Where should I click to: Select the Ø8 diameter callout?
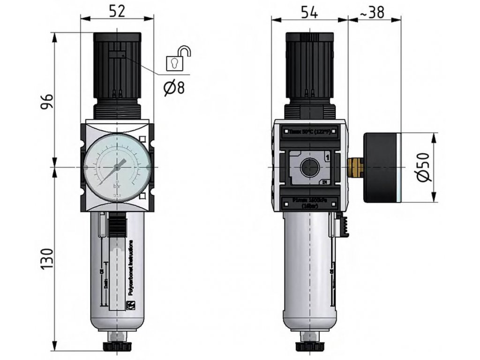click(x=174, y=87)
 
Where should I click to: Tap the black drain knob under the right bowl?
click(x=308, y=346)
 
